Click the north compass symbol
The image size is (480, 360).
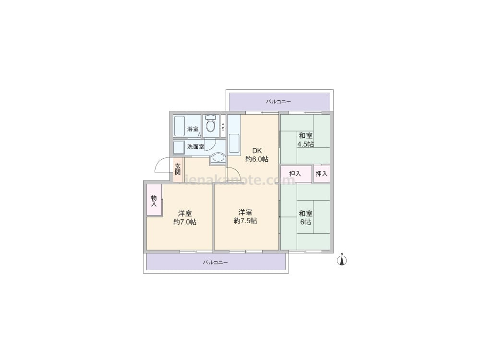[x=342, y=260]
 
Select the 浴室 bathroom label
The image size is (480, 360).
[x=192, y=129]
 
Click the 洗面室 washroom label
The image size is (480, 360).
[x=196, y=147]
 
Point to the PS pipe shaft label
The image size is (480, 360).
[x=223, y=127]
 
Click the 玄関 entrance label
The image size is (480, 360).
[x=178, y=169]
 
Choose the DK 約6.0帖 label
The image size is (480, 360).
[x=257, y=155]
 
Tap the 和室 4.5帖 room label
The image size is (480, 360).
[x=305, y=140]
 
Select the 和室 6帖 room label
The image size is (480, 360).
[x=305, y=217]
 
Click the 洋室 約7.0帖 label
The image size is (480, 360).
[x=185, y=217]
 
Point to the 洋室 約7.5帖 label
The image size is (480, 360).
[x=245, y=216]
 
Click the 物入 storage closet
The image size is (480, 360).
[x=154, y=200]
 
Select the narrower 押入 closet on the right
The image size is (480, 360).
[x=322, y=174]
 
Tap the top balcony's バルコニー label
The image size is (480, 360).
[x=278, y=102]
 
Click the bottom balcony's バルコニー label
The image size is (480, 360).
[x=215, y=263]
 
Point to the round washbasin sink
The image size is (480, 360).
[x=218, y=157]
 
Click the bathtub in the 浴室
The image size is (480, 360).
[x=180, y=126]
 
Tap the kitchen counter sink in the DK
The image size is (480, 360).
[x=234, y=143]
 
